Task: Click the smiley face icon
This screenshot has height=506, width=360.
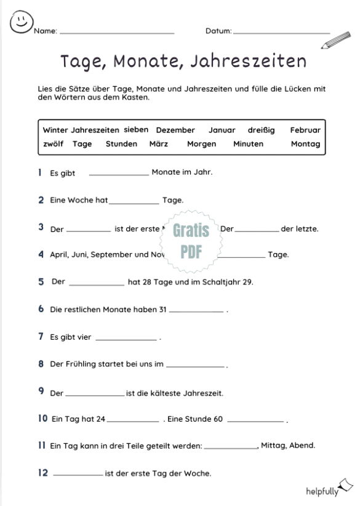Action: click(x=21, y=22)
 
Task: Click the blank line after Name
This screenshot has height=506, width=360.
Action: click(x=117, y=31)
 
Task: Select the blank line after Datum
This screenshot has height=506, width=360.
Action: click(x=281, y=31)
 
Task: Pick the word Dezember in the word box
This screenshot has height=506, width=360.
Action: click(x=175, y=131)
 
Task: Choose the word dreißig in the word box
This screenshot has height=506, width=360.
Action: click(x=262, y=131)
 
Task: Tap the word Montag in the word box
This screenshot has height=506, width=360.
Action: click(x=306, y=144)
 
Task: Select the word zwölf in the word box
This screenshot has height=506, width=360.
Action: click(x=54, y=144)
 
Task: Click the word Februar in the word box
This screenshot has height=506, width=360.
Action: click(x=305, y=131)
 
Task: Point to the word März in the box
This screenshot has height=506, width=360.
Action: click(x=159, y=144)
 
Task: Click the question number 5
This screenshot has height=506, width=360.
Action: click(x=41, y=281)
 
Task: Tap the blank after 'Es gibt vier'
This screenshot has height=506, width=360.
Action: click(x=127, y=338)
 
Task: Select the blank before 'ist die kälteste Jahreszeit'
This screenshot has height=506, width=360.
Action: click(x=95, y=394)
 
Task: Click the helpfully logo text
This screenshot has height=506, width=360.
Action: click(x=322, y=491)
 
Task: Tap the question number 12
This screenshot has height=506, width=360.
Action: click(x=43, y=473)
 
